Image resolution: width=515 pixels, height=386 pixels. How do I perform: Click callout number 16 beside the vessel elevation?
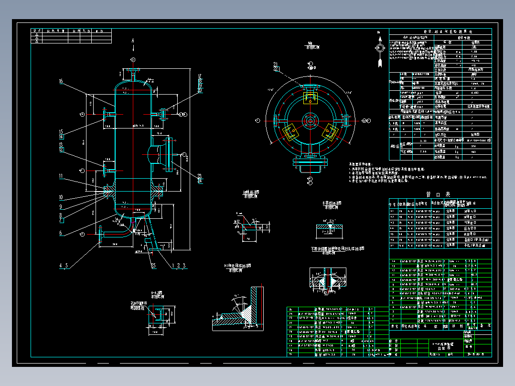(x=61, y=82)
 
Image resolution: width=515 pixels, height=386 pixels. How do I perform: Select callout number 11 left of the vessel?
(x=61, y=176)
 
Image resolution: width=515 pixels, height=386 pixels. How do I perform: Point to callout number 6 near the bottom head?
(x=61, y=233)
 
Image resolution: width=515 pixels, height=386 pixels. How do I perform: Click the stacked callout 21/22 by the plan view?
(x=276, y=66)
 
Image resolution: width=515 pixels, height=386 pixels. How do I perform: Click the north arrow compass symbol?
(x=380, y=48)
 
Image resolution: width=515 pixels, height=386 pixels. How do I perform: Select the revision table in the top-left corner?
(x=71, y=36)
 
